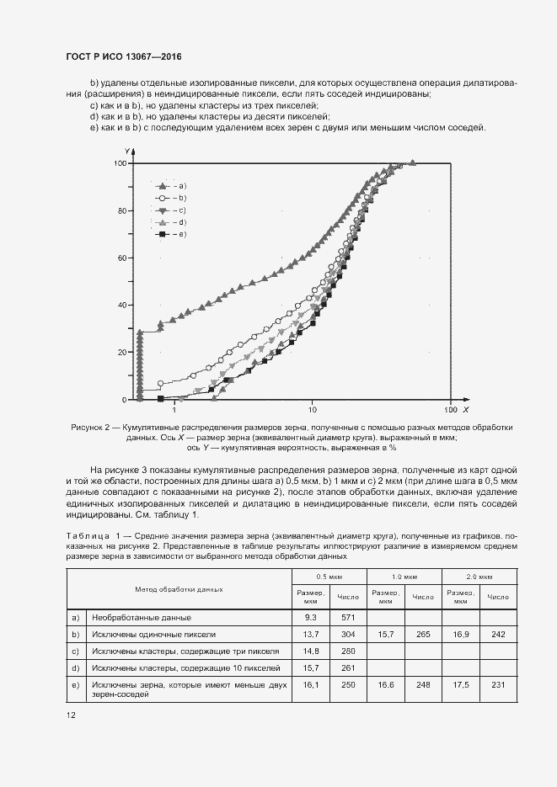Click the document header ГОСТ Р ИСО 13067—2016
(124, 57)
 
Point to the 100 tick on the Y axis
(120, 163)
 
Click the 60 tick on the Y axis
(121, 258)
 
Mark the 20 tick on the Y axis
(121, 352)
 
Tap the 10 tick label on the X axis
(312, 410)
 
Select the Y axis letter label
(125, 151)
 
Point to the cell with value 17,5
(460, 684)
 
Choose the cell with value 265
(423, 633)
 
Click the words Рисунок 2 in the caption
(92, 428)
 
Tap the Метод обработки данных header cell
(179, 589)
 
